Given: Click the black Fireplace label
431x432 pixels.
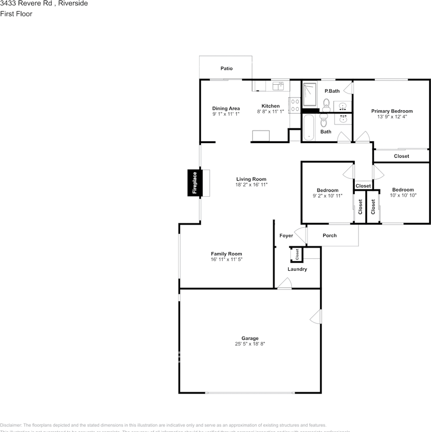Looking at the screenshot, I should click(x=195, y=183).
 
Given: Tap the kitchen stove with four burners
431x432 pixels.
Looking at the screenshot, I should click(x=295, y=105).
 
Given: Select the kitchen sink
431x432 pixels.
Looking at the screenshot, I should click(x=278, y=85).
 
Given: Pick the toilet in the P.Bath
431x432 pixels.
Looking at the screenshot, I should click(x=327, y=104).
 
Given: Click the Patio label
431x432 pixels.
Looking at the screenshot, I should click(x=227, y=68).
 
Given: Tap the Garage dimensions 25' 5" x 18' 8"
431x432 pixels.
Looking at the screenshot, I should click(x=250, y=344).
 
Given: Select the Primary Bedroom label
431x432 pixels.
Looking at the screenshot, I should click(x=391, y=111).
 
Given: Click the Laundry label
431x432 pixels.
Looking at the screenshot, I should click(x=297, y=269).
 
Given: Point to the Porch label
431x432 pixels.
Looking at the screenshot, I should click(x=330, y=235).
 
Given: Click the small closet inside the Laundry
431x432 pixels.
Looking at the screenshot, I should click(x=297, y=254).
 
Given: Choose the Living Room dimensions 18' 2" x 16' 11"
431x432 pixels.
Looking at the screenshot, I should click(x=251, y=184).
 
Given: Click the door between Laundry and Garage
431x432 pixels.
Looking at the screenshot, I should click(x=284, y=283).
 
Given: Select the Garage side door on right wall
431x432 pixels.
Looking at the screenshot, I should click(x=316, y=318).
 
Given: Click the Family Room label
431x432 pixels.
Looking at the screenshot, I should click(x=227, y=254).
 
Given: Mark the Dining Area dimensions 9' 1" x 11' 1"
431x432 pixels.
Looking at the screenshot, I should click(x=226, y=114).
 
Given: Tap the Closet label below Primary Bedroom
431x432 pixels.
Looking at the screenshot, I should click(x=401, y=156).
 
